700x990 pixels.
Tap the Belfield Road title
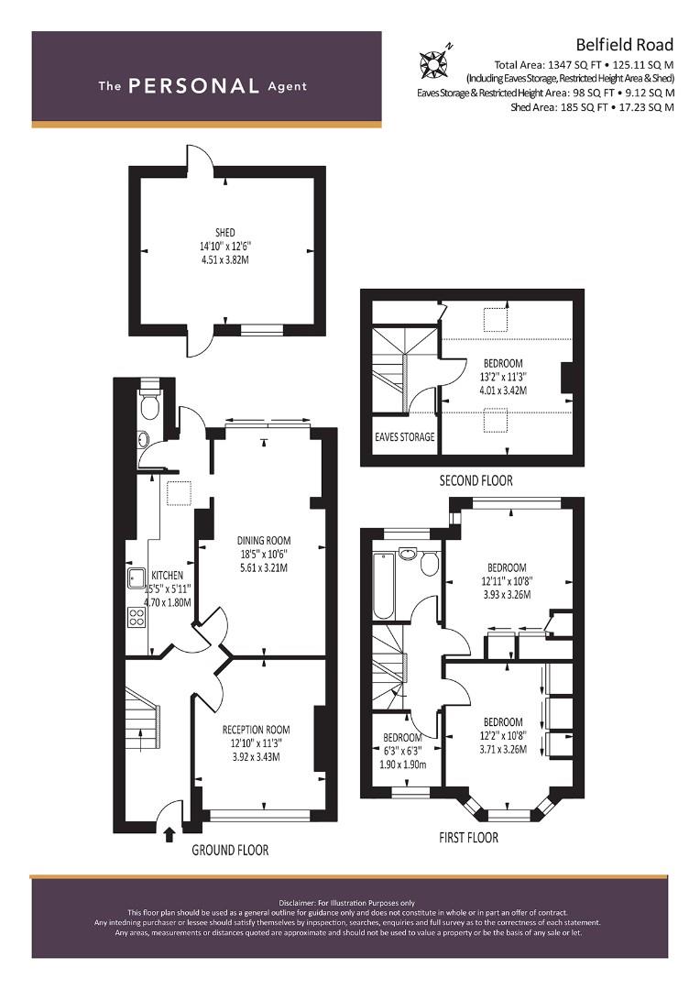click(x=624, y=45)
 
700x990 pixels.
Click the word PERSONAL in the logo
click(x=193, y=86)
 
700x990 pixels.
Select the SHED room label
click(x=224, y=233)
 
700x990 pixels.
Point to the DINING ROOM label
click(x=264, y=541)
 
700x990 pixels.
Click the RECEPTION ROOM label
click(x=256, y=730)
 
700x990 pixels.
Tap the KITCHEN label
click(x=168, y=575)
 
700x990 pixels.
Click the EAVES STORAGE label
click(x=405, y=436)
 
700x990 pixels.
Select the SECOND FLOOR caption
click(x=476, y=480)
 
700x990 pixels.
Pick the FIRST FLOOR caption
click(x=468, y=838)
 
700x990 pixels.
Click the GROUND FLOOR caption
click(x=230, y=851)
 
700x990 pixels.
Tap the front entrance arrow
click(x=169, y=835)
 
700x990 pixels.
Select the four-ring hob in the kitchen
click(x=137, y=617)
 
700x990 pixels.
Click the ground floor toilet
click(x=150, y=405)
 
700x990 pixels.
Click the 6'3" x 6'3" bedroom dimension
click(x=403, y=752)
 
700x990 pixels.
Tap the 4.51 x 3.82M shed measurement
click(x=224, y=259)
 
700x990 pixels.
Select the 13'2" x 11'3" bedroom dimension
click(x=503, y=377)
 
